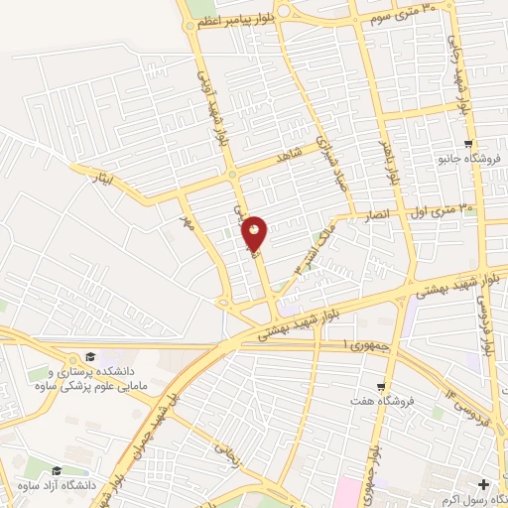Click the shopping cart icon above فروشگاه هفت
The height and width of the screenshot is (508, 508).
380,387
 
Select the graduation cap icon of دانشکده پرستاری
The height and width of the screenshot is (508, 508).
89,356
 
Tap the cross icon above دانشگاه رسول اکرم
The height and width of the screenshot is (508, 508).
484,485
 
